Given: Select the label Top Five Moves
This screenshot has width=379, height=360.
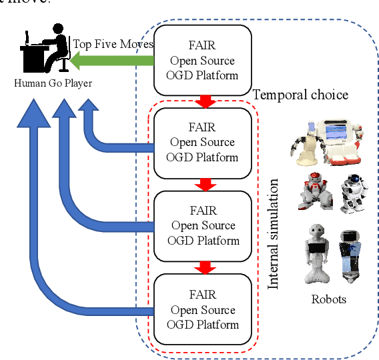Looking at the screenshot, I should (113, 45).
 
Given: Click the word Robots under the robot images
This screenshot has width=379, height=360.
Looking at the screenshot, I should (328, 299).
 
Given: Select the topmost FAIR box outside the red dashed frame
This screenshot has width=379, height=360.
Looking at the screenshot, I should (203, 60).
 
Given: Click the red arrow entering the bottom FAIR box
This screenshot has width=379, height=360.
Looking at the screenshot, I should (206, 268).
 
